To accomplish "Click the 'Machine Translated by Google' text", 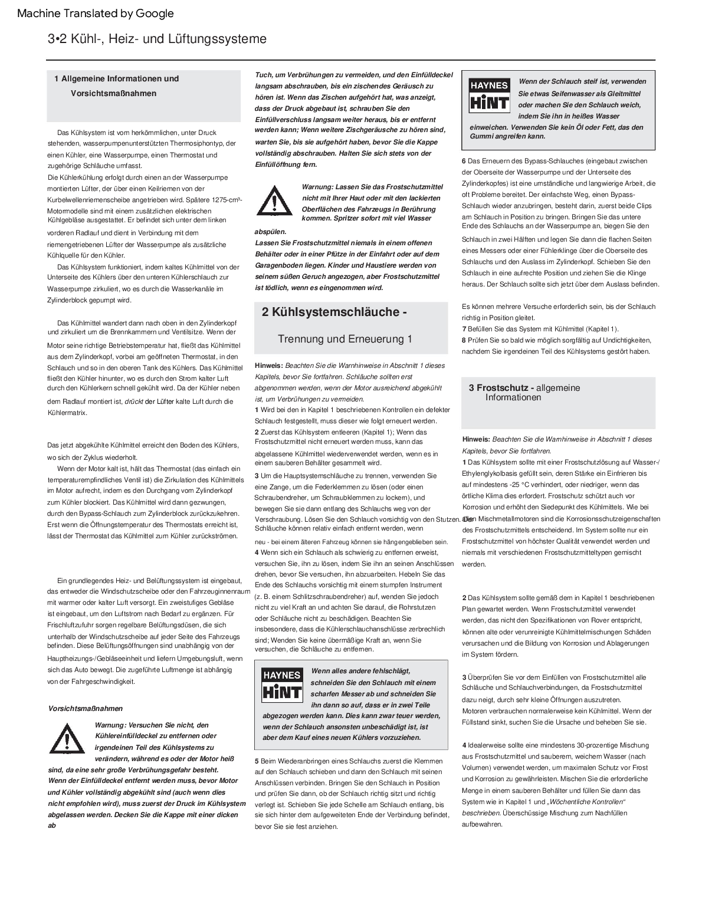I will [96, 14].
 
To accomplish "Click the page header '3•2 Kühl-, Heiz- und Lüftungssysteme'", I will [157, 39].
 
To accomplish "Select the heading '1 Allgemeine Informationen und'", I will [116, 78].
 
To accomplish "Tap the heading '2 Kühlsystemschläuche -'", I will [334, 312].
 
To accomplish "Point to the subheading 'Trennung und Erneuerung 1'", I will [345, 339].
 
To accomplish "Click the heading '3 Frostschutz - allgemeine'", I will [524, 388].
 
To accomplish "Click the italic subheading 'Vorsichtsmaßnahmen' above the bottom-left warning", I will [86, 708].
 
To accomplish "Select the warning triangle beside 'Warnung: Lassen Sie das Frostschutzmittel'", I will [274, 200].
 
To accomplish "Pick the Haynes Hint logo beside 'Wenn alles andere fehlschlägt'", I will [281, 684].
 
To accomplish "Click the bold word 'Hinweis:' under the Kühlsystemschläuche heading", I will [269, 366].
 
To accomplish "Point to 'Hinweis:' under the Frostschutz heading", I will [477, 439].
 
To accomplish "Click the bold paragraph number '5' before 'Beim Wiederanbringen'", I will [257, 761].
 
